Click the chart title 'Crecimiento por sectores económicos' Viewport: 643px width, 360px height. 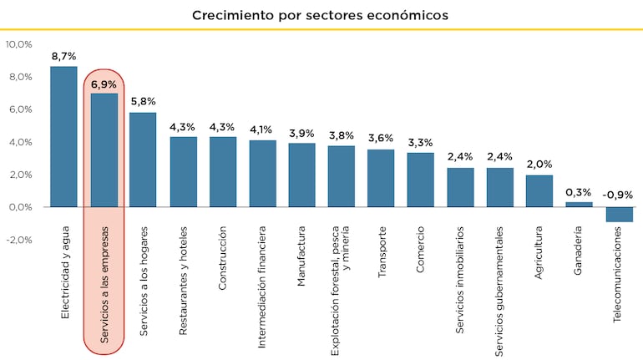click(321, 15)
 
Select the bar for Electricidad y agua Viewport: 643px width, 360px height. click(63, 136)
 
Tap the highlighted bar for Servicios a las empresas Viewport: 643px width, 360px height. click(104, 150)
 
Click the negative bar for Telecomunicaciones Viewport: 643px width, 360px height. click(619, 214)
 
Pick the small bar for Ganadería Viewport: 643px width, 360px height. click(580, 204)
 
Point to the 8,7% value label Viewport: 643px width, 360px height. click(63, 56)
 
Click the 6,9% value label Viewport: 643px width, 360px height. click(104, 84)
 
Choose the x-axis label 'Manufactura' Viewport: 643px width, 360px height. click(301, 256)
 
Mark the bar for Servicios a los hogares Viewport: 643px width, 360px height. click(143, 160)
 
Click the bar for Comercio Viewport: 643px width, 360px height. click(421, 180)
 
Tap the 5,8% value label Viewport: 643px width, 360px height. click(143, 102)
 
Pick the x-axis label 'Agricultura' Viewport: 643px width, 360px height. click(539, 251)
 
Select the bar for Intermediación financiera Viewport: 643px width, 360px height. click(262, 173)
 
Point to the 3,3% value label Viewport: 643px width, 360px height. click(421, 143)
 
